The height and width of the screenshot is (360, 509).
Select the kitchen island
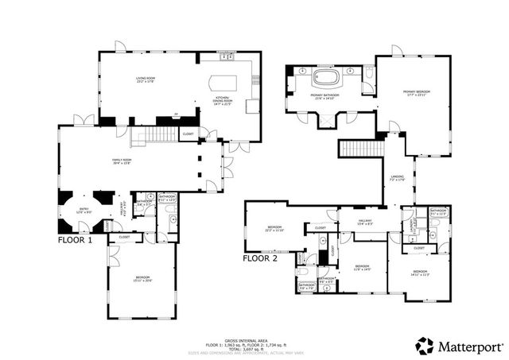point(220,84)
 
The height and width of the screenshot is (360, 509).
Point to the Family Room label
point(122,162)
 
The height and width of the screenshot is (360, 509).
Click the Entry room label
point(84,210)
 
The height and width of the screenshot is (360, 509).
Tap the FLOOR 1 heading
point(76,239)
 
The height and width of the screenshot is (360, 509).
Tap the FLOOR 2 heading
point(261,258)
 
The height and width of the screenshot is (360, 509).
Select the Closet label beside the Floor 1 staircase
point(188,134)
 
